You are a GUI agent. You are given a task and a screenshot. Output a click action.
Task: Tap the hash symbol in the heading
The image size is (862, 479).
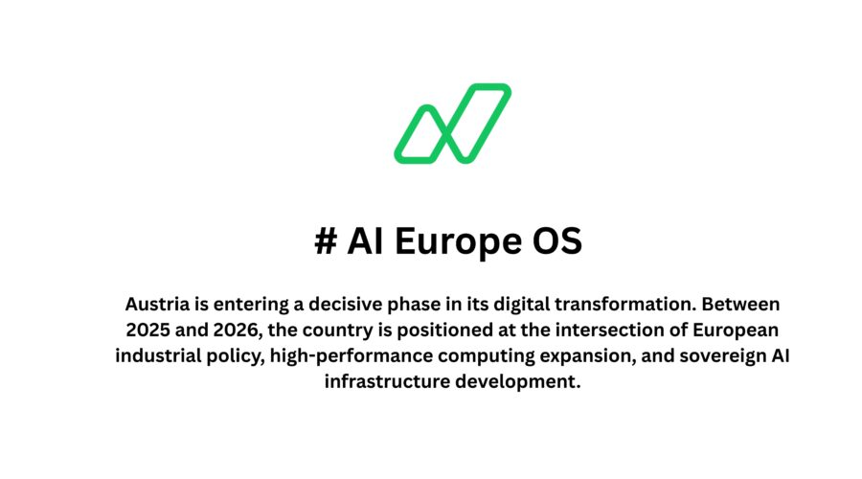pyautogui.click(x=326, y=240)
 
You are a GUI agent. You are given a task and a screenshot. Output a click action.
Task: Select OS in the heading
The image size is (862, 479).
pyautogui.click(x=556, y=240)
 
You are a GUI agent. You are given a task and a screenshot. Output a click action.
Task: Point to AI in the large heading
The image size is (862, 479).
pyautogui.click(x=365, y=240)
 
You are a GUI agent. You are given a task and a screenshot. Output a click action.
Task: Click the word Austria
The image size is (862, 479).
pyautogui.click(x=157, y=304)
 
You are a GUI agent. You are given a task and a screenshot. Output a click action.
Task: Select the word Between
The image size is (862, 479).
pyautogui.click(x=740, y=304)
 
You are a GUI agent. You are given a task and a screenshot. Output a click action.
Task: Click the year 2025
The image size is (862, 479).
pyautogui.click(x=147, y=330)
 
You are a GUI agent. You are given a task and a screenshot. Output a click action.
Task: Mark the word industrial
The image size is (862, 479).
pyautogui.click(x=158, y=355)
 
